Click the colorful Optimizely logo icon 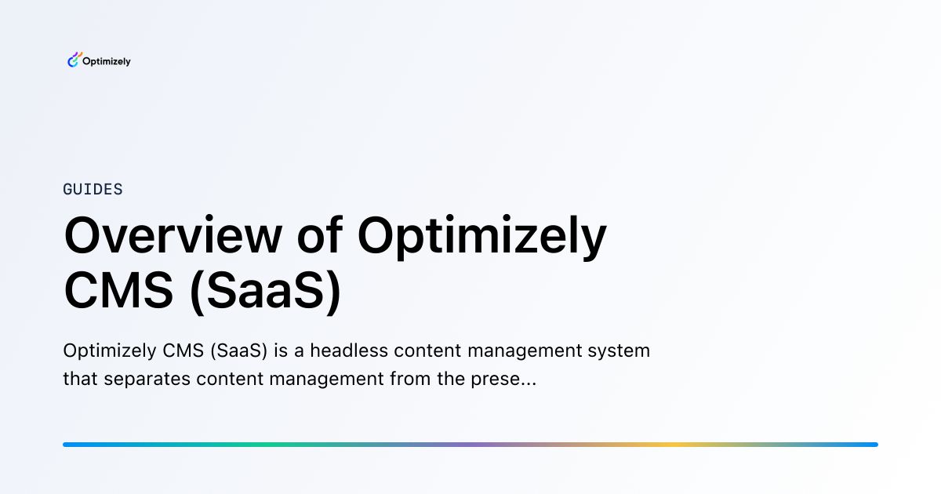[x=74, y=60]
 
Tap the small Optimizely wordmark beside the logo [x=107, y=61]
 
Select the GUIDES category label [x=93, y=190]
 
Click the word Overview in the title [x=173, y=235]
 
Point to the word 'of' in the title [x=320, y=234]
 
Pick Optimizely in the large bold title [x=481, y=238]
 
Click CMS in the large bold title [x=118, y=291]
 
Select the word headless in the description [x=349, y=351]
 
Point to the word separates [x=147, y=380]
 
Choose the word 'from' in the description [x=410, y=379]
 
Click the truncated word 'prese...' [x=503, y=380]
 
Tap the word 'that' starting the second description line [x=80, y=379]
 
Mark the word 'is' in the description [x=281, y=351]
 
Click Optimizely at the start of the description [x=110, y=351]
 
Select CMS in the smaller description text [x=183, y=351]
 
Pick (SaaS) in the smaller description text [x=239, y=351]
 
